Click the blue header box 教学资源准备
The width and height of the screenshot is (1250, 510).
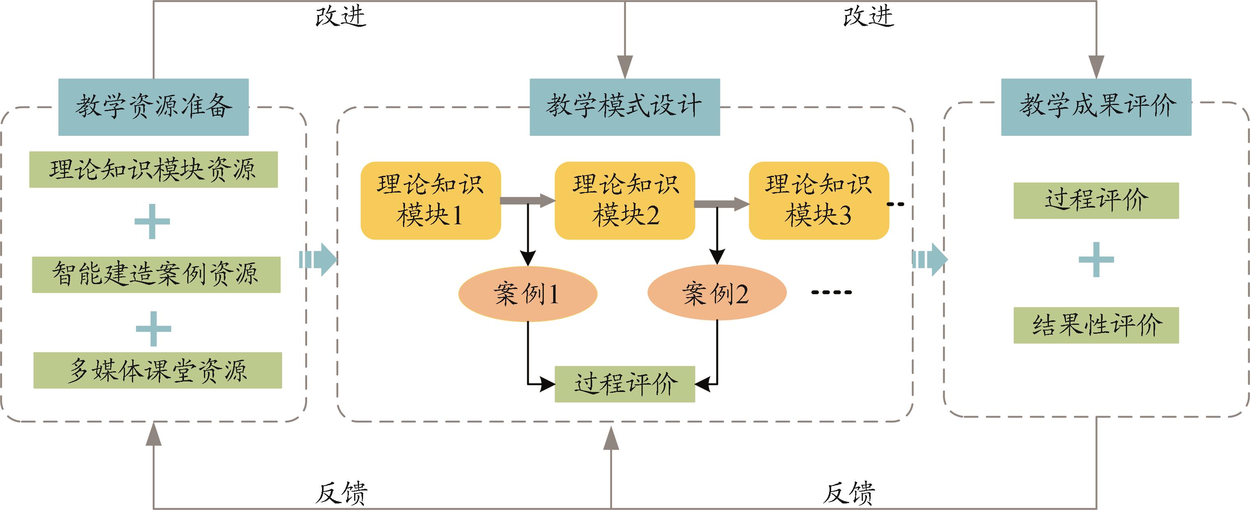click(153, 107)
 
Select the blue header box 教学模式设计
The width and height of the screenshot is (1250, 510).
click(624, 107)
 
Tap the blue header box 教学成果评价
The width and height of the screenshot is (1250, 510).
click(1096, 107)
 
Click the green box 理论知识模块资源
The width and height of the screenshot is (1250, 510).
click(153, 169)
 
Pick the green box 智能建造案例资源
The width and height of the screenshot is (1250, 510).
click(156, 275)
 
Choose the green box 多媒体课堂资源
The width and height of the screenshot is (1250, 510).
click(158, 370)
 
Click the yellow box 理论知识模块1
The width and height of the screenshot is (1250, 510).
click(430, 200)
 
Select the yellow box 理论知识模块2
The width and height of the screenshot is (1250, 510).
click(624, 200)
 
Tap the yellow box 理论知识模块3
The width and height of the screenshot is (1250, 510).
click(819, 200)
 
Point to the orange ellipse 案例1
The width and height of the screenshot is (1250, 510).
click(528, 293)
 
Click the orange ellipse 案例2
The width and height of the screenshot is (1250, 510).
click(717, 293)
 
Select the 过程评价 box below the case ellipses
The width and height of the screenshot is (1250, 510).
click(624, 384)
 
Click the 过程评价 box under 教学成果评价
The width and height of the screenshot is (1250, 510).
click(1096, 200)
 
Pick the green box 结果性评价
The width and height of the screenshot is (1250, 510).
click(1096, 325)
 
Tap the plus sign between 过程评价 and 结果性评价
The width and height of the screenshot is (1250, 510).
click(1096, 260)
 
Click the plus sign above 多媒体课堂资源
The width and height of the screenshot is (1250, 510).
click(153, 328)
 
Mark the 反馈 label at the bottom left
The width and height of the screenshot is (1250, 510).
click(341, 493)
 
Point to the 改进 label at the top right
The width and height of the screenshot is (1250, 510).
click(868, 17)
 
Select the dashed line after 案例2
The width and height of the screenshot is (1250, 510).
click(832, 292)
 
